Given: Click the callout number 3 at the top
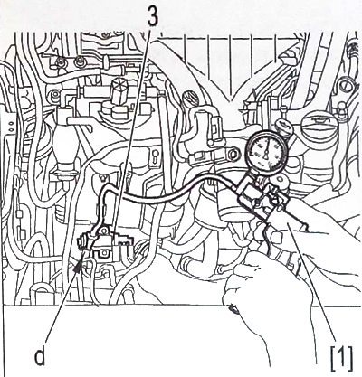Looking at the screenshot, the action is click(x=152, y=16).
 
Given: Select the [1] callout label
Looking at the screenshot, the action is click(x=341, y=359).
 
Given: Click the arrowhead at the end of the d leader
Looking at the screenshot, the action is click(x=80, y=262).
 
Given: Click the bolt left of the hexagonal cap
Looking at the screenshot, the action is click(x=54, y=93).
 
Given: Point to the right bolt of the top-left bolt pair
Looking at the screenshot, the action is click(x=79, y=61).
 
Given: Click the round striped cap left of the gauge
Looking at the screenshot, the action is click(x=190, y=99).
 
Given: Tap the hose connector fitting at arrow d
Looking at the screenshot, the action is click(x=83, y=241).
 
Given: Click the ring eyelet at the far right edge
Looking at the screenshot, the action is click(x=345, y=87).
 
